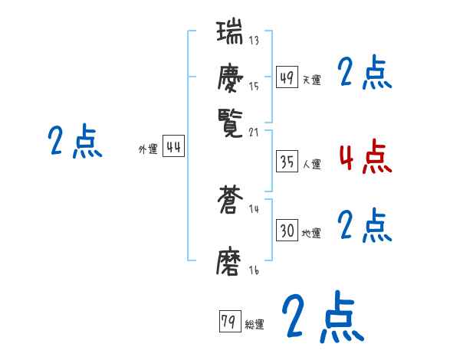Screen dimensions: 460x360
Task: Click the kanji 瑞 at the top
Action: point(231,34)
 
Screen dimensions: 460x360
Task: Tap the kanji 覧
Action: point(231,120)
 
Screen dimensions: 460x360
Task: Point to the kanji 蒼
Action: point(231,202)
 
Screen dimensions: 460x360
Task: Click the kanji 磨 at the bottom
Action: point(231,260)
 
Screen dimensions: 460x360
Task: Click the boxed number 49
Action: point(287,77)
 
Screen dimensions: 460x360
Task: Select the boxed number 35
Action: point(287,162)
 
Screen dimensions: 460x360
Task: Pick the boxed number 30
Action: point(287,231)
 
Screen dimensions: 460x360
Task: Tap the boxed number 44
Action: point(173,147)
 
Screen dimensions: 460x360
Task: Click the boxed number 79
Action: point(228,322)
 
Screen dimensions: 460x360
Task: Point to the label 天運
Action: point(312,80)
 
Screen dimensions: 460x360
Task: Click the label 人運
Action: point(312,164)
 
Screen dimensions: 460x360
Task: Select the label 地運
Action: point(312,233)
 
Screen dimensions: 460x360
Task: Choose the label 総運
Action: point(254,325)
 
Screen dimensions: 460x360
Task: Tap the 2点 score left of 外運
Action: point(75,142)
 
